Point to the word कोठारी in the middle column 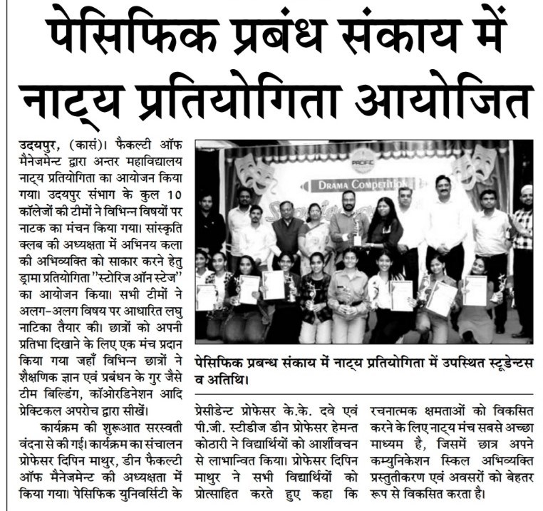coord(214,444)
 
